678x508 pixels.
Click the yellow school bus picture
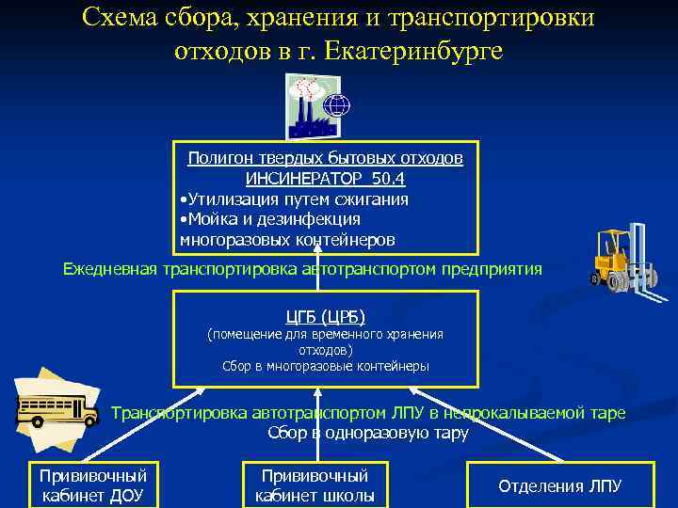(x=56, y=410)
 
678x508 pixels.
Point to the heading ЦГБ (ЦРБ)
(x=325, y=315)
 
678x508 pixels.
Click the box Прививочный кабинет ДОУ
(x=93, y=485)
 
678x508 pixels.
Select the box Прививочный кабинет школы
(x=315, y=485)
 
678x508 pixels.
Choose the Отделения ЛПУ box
(x=560, y=485)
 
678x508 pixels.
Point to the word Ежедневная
(x=111, y=270)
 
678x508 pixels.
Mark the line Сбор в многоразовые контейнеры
(x=325, y=366)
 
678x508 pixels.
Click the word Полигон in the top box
(x=218, y=159)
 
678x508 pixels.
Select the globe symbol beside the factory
(x=336, y=105)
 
